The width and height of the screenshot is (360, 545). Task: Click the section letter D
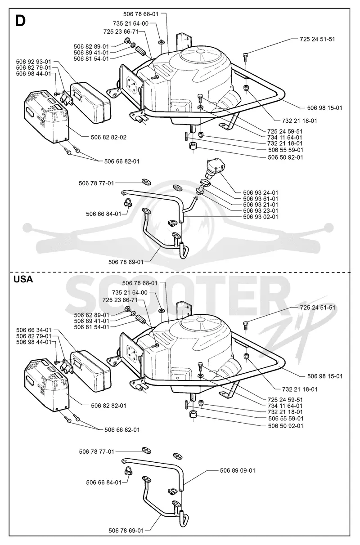(x=20, y=21)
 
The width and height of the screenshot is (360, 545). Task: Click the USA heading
(x=23, y=279)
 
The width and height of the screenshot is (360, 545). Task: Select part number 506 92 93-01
(x=34, y=62)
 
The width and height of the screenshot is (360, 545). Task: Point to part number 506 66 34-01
(x=34, y=330)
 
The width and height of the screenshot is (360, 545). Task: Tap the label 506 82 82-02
(x=108, y=137)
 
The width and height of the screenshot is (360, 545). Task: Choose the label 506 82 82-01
(x=108, y=406)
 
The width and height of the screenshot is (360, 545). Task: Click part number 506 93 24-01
(x=261, y=193)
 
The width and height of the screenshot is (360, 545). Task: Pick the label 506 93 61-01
(x=261, y=199)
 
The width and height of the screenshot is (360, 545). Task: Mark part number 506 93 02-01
(x=261, y=217)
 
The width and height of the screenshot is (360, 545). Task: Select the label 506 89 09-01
(x=238, y=470)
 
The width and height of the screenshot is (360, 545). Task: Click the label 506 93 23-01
(x=261, y=211)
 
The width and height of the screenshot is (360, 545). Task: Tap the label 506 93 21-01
(x=261, y=205)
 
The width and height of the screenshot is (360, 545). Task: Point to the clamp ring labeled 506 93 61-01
(x=205, y=182)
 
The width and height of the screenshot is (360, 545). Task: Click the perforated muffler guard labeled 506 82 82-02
(x=46, y=117)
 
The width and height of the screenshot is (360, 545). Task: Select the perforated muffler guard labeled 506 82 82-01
(x=46, y=385)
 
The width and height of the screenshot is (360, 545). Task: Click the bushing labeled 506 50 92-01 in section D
(x=193, y=146)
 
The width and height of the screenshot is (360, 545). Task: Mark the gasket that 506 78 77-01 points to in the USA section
(x=147, y=451)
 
